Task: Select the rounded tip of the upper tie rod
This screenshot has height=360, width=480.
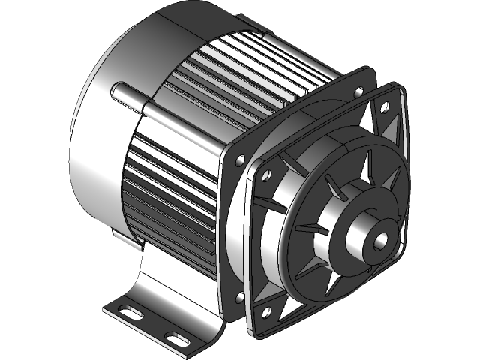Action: click(x=115, y=91)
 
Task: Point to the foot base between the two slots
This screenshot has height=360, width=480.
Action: click(x=150, y=322)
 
